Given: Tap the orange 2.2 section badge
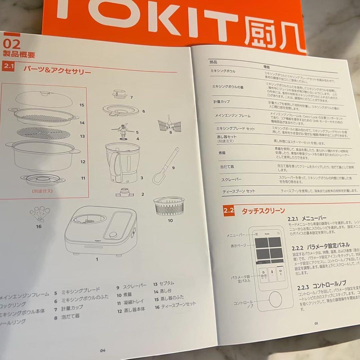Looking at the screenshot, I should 229,211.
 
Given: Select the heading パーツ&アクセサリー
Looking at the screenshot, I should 57,70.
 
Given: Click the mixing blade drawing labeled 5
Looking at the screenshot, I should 123,129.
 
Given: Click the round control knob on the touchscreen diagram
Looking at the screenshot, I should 275,299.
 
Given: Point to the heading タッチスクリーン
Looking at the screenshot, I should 263,210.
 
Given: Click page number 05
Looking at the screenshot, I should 316,323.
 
